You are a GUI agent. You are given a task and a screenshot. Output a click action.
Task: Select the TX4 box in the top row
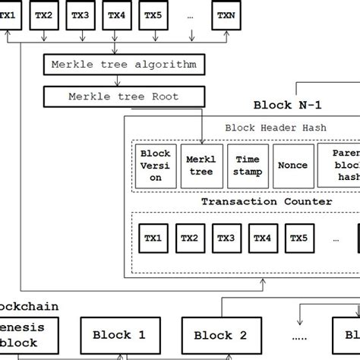pyautogui.click(x=115, y=14)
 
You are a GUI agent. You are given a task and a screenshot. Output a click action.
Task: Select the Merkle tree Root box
pyautogui.click(x=122, y=96)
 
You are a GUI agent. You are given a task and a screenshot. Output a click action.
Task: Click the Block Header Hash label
pyautogui.click(x=276, y=128)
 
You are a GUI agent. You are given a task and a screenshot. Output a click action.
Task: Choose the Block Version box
pyautogui.click(x=155, y=166)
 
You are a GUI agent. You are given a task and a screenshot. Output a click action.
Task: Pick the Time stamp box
pyautogui.click(x=248, y=166)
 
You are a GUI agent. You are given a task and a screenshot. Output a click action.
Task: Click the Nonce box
pyautogui.click(x=294, y=166)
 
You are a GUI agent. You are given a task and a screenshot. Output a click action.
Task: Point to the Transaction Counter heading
pyautogui.click(x=266, y=202)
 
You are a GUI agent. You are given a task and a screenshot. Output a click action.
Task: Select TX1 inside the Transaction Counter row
pyautogui.click(x=153, y=238)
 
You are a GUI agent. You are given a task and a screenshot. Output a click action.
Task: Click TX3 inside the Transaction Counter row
pyautogui.click(x=226, y=238)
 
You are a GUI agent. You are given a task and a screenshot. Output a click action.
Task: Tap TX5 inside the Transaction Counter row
pyautogui.click(x=299, y=238)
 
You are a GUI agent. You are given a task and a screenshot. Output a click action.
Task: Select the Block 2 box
pyautogui.click(x=220, y=335)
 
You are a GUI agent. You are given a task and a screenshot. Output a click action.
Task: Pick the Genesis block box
pyautogui.click(x=30, y=334)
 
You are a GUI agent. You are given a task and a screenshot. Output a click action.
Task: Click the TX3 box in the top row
pyautogui.click(x=80, y=14)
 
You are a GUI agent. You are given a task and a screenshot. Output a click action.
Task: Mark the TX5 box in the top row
pyautogui.click(x=153, y=14)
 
